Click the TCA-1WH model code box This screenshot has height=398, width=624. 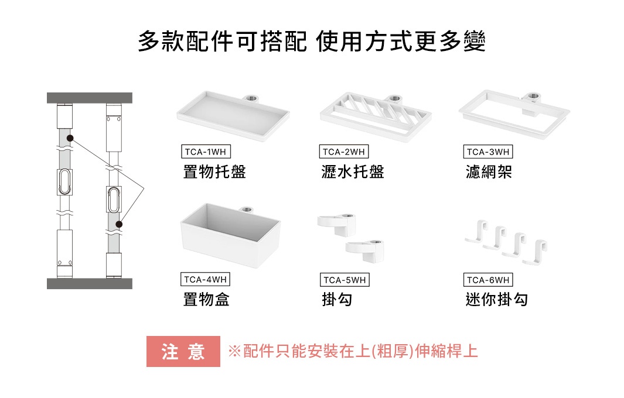pos(205,152)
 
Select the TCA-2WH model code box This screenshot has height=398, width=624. pos(344,152)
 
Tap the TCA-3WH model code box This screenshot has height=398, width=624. pos(487,152)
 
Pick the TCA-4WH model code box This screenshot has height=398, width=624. pos(205,280)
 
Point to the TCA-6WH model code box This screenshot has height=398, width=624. pos(487,280)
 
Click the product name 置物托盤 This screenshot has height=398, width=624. pos(214,172)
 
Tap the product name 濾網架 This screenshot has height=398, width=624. pos(489,172)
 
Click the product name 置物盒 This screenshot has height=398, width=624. pos(206,300)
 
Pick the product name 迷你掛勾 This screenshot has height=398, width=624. pos(496,300)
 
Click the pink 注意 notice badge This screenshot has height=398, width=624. pos(183,352)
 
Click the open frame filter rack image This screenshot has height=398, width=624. pos(513,111)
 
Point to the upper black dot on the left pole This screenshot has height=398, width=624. pos(70,138)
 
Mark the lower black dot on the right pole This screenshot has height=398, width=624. pos(119,224)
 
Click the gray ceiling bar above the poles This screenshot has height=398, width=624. pos(90,98)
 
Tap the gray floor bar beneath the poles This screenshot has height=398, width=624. pos(90,284)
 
